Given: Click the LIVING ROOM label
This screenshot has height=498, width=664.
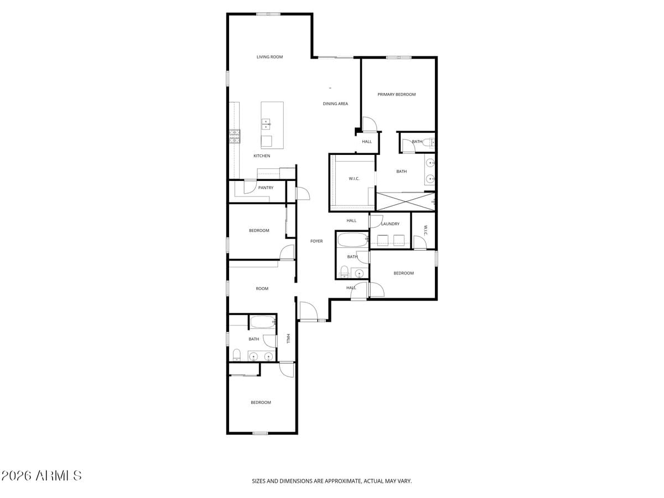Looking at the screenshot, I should coord(269,57).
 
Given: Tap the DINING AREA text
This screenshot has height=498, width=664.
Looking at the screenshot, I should coord(335,104).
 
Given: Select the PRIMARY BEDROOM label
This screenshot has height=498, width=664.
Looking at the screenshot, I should coord(396,95).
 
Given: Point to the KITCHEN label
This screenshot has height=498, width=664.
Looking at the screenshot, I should coord(262,156).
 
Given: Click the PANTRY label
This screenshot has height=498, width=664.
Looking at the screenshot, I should coord(266,188).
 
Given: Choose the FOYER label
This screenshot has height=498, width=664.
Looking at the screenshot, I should coord(316,241).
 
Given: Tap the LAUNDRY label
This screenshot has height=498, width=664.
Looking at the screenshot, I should coord(391,224).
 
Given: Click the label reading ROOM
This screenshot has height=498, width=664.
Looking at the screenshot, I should coord(262,289).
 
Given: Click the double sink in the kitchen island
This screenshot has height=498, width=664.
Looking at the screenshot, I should coord(266,124).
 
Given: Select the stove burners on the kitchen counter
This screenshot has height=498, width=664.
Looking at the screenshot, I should coord(235,136).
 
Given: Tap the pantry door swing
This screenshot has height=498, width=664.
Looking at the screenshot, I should coord(250,186).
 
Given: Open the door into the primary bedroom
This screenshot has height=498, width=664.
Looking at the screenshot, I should coord(369,124).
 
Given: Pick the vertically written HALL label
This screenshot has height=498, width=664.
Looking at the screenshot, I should coord(288,339).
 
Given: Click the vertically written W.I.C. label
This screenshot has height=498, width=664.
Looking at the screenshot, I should coord(426,230).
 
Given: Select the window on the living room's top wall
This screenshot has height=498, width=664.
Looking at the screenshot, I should coord(268,14).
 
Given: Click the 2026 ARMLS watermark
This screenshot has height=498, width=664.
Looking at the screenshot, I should coord(41,476).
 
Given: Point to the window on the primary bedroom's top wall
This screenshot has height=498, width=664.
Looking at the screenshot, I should coord(398,57).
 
